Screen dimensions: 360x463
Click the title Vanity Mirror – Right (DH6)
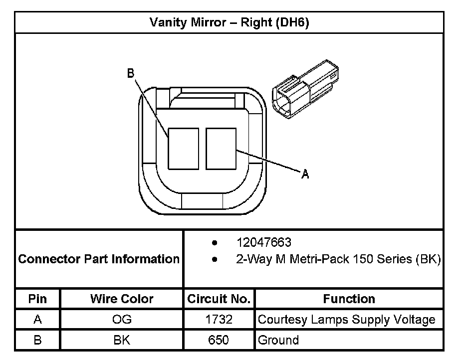230,23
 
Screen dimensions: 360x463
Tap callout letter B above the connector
131,74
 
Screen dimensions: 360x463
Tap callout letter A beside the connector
305,174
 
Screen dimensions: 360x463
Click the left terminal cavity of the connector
183,149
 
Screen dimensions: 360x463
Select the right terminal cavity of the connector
221,148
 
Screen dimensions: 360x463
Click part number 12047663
264,243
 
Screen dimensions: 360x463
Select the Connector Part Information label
99,259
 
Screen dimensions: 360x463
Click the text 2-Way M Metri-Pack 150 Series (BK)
338,260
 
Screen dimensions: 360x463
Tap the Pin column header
38,299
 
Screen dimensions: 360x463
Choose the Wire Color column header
122,299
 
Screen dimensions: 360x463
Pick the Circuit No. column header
219,299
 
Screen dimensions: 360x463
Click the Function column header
349,299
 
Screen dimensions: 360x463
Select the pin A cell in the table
38,320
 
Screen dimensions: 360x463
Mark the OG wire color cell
122,320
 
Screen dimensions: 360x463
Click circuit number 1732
219,320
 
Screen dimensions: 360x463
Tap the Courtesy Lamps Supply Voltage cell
346,320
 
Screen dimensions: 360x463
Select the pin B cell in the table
38,340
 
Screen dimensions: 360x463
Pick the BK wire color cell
122,340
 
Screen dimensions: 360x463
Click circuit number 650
219,340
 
